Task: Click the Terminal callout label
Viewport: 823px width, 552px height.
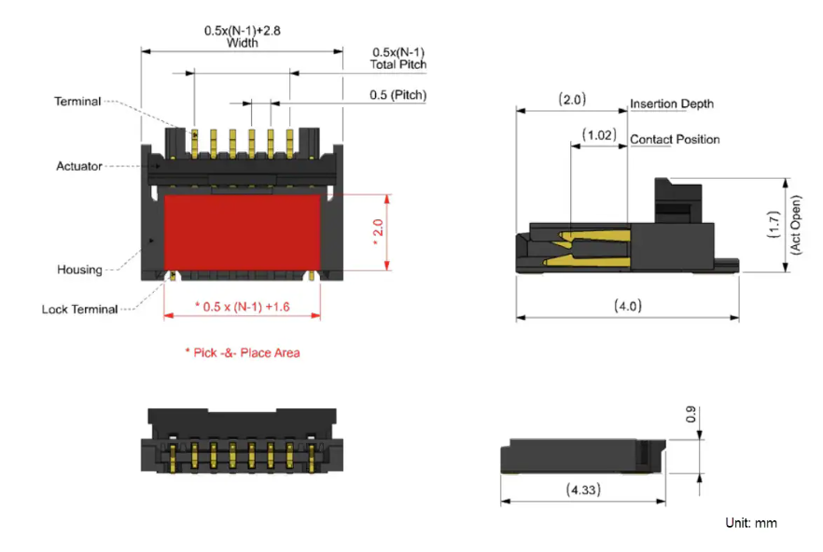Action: point(77,101)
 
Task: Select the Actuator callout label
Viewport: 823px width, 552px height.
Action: point(79,166)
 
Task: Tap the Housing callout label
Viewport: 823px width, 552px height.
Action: point(79,269)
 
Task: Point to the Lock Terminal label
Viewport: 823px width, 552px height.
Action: point(80,309)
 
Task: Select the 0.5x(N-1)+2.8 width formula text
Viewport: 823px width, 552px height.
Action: point(243,30)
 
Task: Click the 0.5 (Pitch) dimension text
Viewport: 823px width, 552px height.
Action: point(398,95)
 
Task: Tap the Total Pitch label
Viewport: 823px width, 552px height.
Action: point(398,64)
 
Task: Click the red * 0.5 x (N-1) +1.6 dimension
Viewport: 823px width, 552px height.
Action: point(243,306)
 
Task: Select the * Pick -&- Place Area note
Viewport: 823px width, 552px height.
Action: point(242,352)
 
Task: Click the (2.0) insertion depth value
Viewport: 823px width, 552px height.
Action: point(571,98)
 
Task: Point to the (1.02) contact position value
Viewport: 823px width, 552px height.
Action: point(598,134)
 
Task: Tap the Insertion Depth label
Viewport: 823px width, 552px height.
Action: point(672,103)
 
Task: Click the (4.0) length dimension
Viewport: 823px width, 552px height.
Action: point(627,305)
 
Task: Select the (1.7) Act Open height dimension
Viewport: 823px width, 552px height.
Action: point(774,224)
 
